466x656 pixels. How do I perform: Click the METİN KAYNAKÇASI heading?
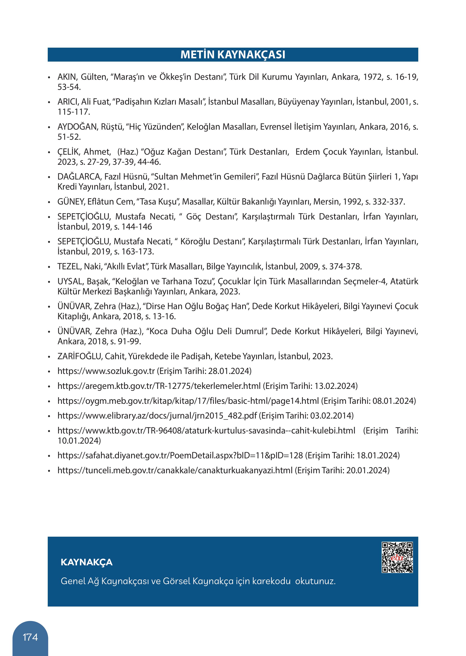coord(233,55)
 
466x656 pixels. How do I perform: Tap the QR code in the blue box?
coord(397,557)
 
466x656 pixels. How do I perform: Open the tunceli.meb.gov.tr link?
coord(175,470)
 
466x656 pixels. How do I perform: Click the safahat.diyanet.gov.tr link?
coord(180,456)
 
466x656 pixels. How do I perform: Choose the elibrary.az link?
coord(157,416)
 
